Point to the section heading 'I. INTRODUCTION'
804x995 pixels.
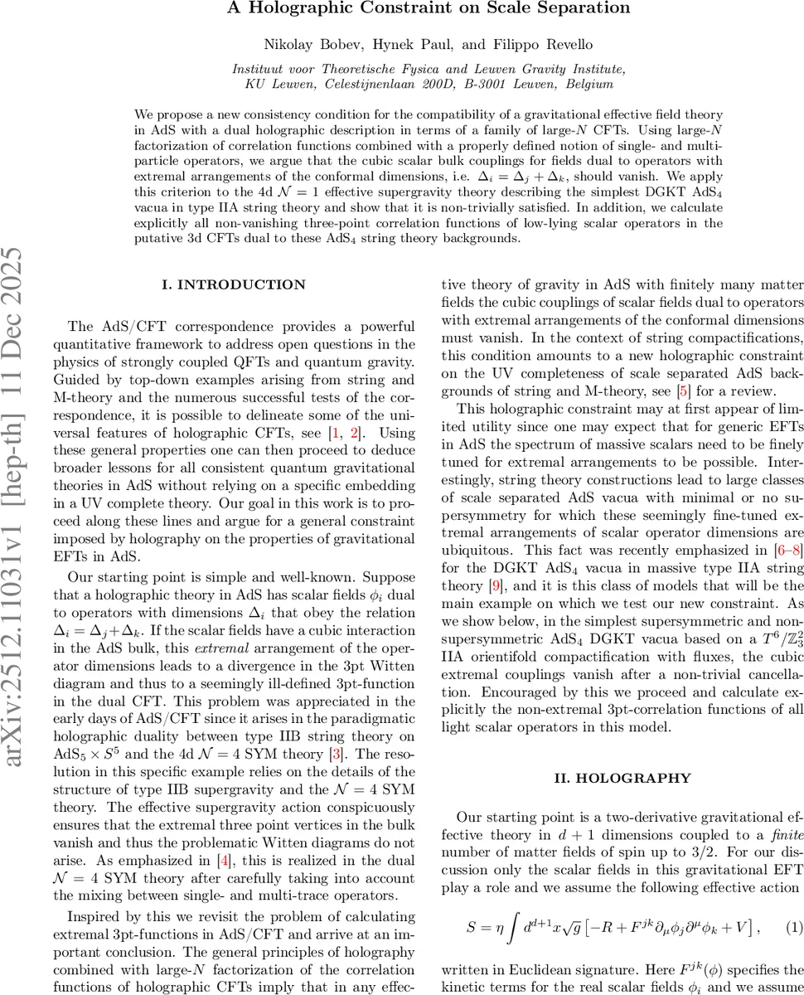[x=233, y=284]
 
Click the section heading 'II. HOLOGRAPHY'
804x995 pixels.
[x=621, y=778]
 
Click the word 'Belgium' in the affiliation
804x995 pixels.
[x=589, y=84]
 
